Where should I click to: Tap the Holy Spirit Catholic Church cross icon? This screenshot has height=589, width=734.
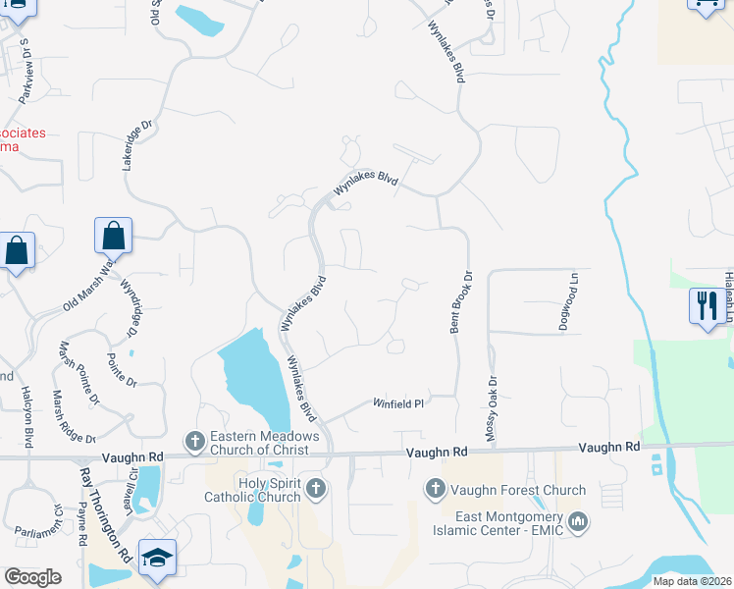(x=315, y=488)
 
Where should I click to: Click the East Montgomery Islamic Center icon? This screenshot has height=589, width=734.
(x=578, y=518)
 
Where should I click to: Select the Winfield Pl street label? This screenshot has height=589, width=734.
(x=397, y=403)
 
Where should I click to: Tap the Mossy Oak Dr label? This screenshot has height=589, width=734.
(x=492, y=407)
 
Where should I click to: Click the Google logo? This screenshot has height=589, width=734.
(x=32, y=576)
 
